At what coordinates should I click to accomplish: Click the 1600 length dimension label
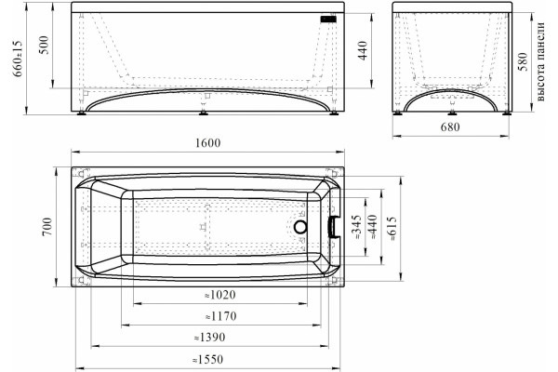(207, 142)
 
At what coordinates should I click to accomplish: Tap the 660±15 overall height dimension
(18, 58)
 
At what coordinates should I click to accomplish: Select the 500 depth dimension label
(44, 45)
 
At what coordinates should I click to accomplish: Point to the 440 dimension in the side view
(363, 50)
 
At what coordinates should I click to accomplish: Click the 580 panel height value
(523, 61)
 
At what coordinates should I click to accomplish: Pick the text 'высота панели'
(540, 61)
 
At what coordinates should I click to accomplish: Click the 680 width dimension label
(450, 126)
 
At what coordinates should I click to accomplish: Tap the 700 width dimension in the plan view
(47, 226)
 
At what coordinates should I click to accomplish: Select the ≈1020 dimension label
(219, 295)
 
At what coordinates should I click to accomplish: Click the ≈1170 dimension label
(220, 316)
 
